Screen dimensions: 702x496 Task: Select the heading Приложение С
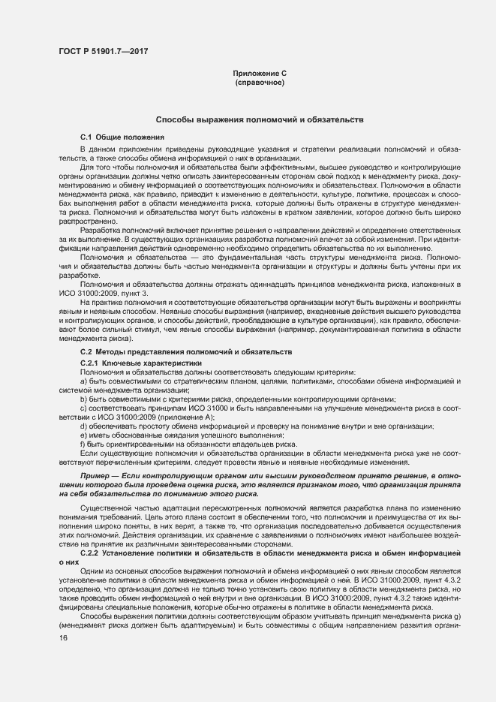coord(260,73)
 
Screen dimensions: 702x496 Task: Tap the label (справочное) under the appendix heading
coord(260,81)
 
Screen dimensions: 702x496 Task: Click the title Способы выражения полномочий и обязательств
coord(260,119)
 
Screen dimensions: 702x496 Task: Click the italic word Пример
coord(95,477)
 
